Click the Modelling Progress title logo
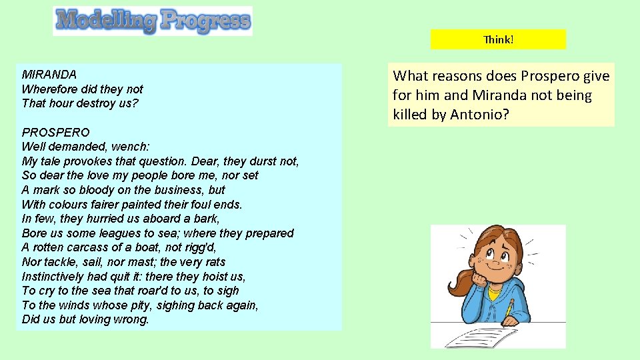coord(153,21)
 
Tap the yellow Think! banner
coord(498,39)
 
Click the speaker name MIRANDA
coord(49,75)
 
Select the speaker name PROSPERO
coord(55,132)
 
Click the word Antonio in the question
coord(479,114)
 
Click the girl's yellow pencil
coord(509,309)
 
